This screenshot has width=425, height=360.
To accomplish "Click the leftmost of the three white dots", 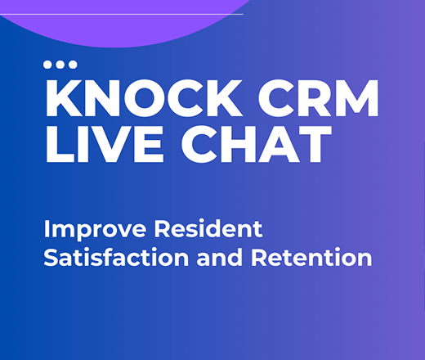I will pos(49,64).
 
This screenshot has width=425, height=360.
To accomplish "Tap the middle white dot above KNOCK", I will pos(60,64).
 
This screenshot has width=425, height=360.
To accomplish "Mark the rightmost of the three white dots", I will pos(72,64).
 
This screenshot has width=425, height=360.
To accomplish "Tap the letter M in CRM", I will pos(357,100).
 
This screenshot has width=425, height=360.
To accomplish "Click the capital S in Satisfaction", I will pos(51,259).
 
